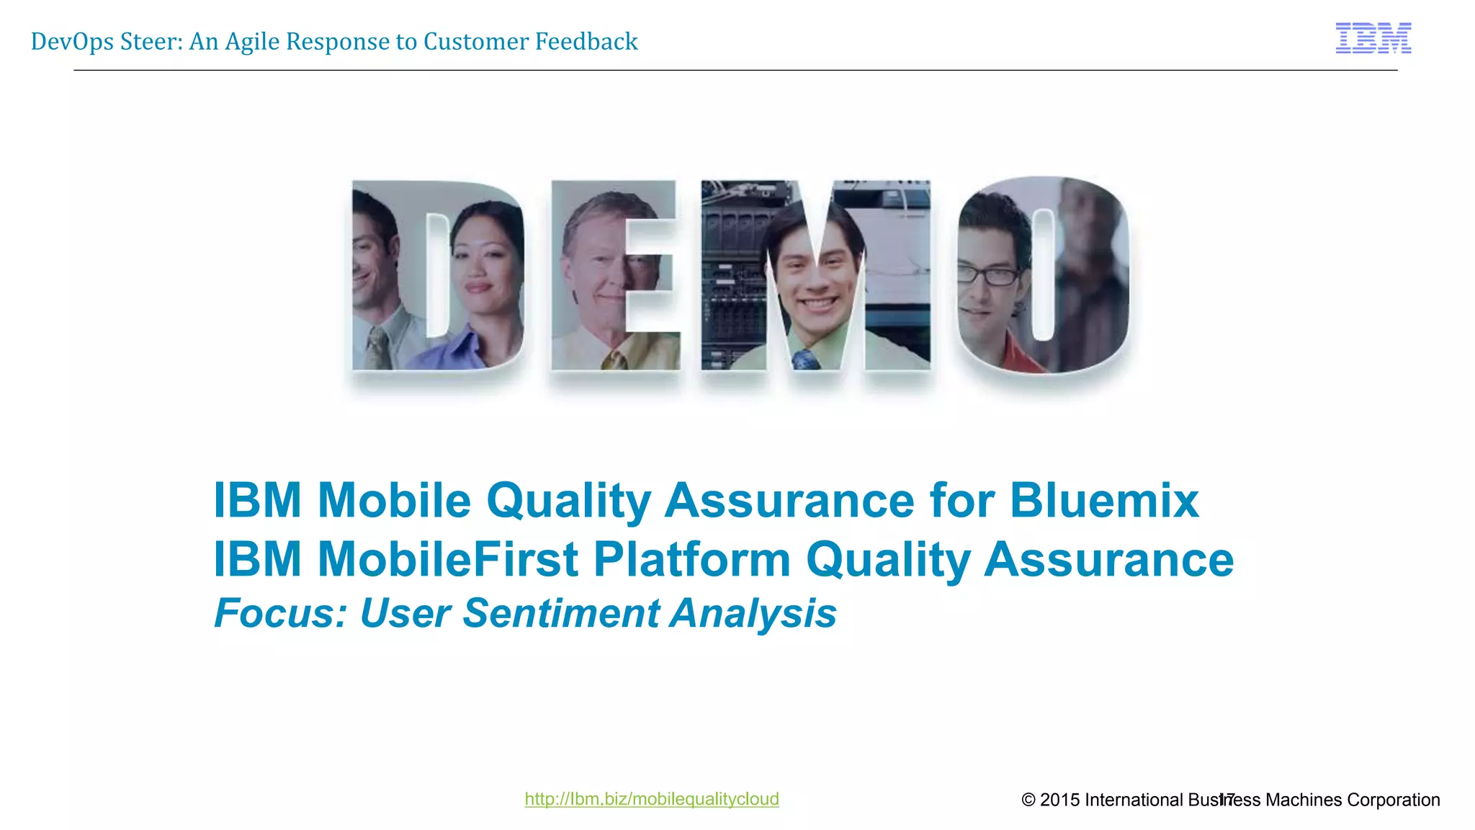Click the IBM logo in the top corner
point(1373,38)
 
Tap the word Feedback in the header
point(586,42)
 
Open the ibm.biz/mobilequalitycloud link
point(651,799)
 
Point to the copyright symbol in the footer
point(1028,800)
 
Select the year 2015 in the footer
point(1060,800)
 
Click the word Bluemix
point(1104,500)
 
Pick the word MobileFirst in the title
point(447,560)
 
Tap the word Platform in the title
point(691,560)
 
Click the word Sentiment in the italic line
point(560,614)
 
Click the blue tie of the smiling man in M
point(804,359)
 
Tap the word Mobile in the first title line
point(394,500)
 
